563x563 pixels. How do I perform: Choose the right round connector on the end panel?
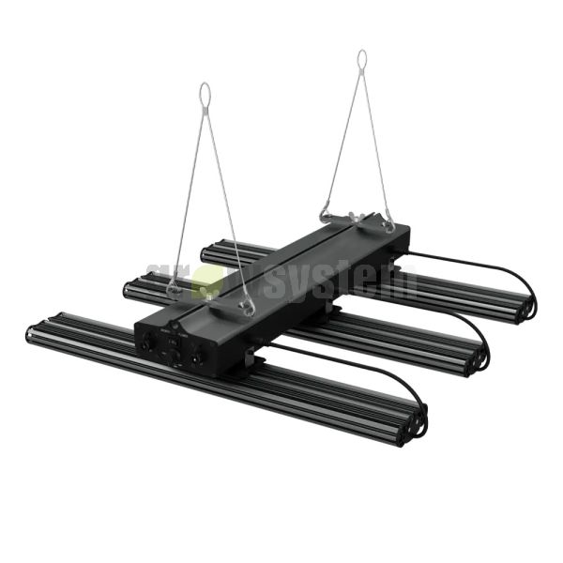[197, 358]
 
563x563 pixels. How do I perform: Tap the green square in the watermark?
[207, 281]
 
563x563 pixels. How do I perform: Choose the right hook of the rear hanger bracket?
[388, 225]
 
